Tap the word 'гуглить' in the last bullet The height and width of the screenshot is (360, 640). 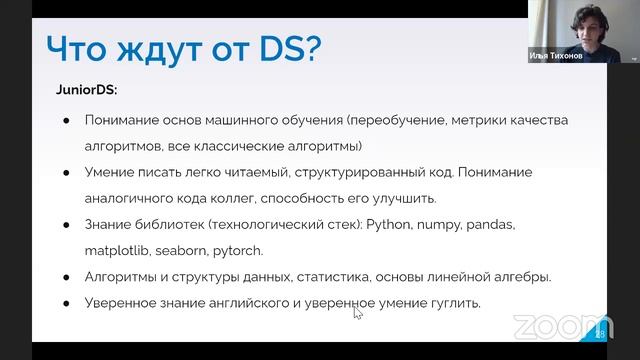(449, 301)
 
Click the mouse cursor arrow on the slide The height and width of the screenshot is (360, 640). (357, 312)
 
